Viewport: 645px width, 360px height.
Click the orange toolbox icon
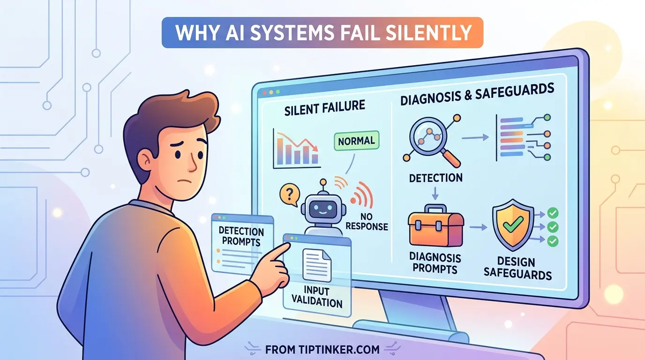tap(435, 228)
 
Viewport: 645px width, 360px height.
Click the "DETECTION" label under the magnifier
tap(435, 178)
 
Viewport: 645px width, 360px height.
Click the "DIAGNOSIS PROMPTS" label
tap(434, 263)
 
